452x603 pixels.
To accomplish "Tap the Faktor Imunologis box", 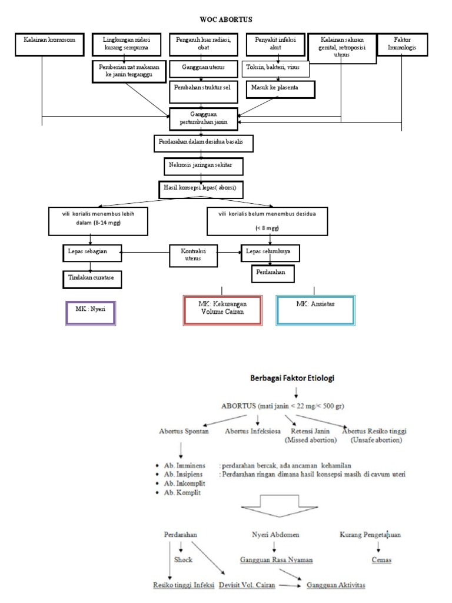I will [x=402, y=45].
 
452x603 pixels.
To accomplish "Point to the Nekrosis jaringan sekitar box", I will [x=202, y=167].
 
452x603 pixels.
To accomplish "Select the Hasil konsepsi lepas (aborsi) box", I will [x=201, y=189].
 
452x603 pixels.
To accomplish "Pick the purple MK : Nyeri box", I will [x=91, y=313].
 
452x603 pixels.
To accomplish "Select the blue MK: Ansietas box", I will [x=315, y=310].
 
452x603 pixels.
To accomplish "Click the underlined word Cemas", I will [x=381, y=560].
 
